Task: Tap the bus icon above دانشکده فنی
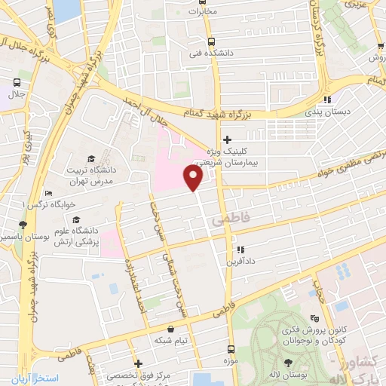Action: pos(211,42)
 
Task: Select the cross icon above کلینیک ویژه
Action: pos(227,139)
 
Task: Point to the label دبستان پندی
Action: pos(328,111)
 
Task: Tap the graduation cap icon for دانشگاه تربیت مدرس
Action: pos(91,159)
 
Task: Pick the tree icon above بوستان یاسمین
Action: pos(23,224)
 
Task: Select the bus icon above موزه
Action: pos(230,348)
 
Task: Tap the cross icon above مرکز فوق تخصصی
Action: pos(139,364)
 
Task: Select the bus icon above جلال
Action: pos(17,82)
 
